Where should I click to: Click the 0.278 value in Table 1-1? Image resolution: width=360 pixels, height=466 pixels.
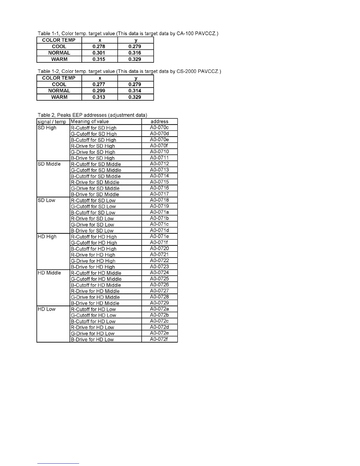[x=99, y=46]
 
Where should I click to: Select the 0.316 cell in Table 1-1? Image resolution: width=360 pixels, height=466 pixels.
[x=135, y=53]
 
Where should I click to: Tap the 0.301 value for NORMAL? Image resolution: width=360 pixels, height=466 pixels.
[x=99, y=53]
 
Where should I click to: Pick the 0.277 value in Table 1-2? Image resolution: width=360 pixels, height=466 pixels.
[x=99, y=84]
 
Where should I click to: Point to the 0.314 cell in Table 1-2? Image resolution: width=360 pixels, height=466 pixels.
[x=135, y=91]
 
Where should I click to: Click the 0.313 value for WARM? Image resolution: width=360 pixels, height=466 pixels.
[x=99, y=97]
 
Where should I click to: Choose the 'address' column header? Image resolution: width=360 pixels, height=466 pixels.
[x=159, y=122]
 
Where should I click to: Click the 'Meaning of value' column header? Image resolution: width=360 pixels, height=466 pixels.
[x=90, y=122]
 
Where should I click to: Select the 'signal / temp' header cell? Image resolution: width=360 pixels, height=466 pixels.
[x=52, y=122]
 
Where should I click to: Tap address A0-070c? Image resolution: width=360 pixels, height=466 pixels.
[x=159, y=128]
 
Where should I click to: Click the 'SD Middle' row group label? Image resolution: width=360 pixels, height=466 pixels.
[x=49, y=164]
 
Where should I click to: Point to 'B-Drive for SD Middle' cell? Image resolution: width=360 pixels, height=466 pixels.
[x=95, y=194]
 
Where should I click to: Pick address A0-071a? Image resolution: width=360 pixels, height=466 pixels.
[x=159, y=212]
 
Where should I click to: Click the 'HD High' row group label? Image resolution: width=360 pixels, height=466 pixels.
[x=47, y=237]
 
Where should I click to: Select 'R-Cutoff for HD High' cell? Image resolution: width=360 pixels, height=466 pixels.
[x=94, y=237]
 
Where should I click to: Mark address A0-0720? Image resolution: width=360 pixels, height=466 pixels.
[x=159, y=248]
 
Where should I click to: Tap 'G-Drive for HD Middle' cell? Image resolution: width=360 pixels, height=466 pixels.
[x=95, y=297]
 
